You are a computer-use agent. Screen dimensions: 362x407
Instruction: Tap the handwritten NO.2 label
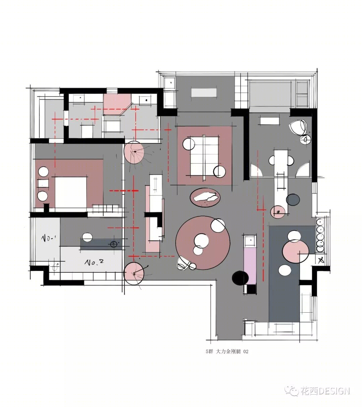(94, 262)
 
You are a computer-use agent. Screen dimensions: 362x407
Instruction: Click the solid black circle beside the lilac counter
(240, 278)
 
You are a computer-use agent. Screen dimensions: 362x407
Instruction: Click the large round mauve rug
(203, 243)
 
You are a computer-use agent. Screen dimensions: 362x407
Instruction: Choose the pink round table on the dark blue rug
(296, 251)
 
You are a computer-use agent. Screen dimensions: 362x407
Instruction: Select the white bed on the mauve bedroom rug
(71, 192)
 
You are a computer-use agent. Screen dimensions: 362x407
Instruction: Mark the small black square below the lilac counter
(251, 289)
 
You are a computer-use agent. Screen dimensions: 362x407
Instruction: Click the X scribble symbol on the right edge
(321, 260)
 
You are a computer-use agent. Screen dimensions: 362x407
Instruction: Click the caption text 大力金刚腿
(228, 351)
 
